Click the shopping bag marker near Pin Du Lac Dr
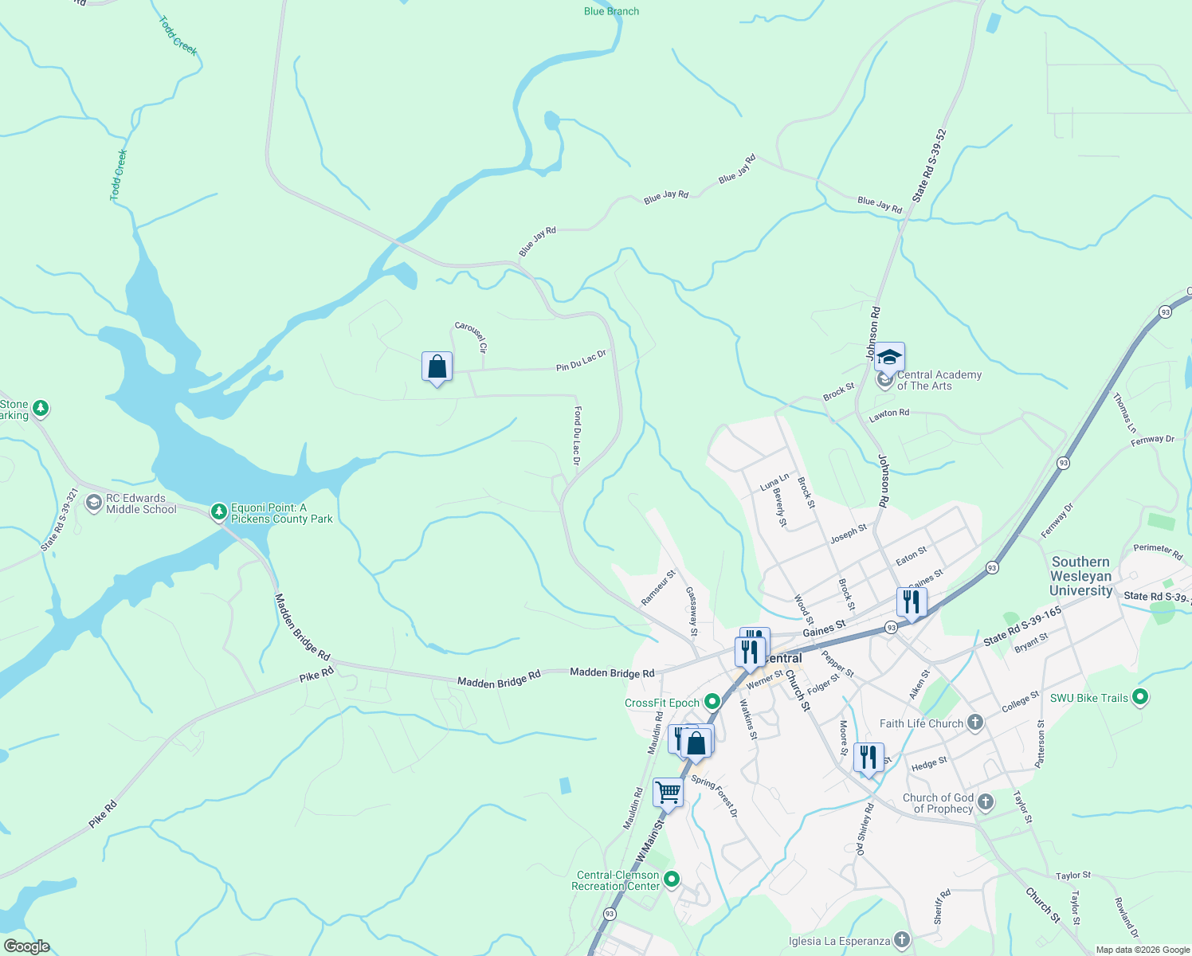437,367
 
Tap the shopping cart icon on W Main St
668,793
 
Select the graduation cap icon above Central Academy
889,358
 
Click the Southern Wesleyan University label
1080,576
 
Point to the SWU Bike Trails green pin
1140,697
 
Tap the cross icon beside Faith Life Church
974,723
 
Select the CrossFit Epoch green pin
712,702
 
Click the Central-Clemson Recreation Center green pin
672,880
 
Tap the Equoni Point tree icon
219,511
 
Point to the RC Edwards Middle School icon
94,503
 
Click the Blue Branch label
611,11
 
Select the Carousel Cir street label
471,337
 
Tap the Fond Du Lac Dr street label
577,437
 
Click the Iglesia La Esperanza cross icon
901,940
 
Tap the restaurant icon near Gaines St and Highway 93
911,602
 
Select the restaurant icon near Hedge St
868,757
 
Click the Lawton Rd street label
888,413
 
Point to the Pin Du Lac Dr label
581,361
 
